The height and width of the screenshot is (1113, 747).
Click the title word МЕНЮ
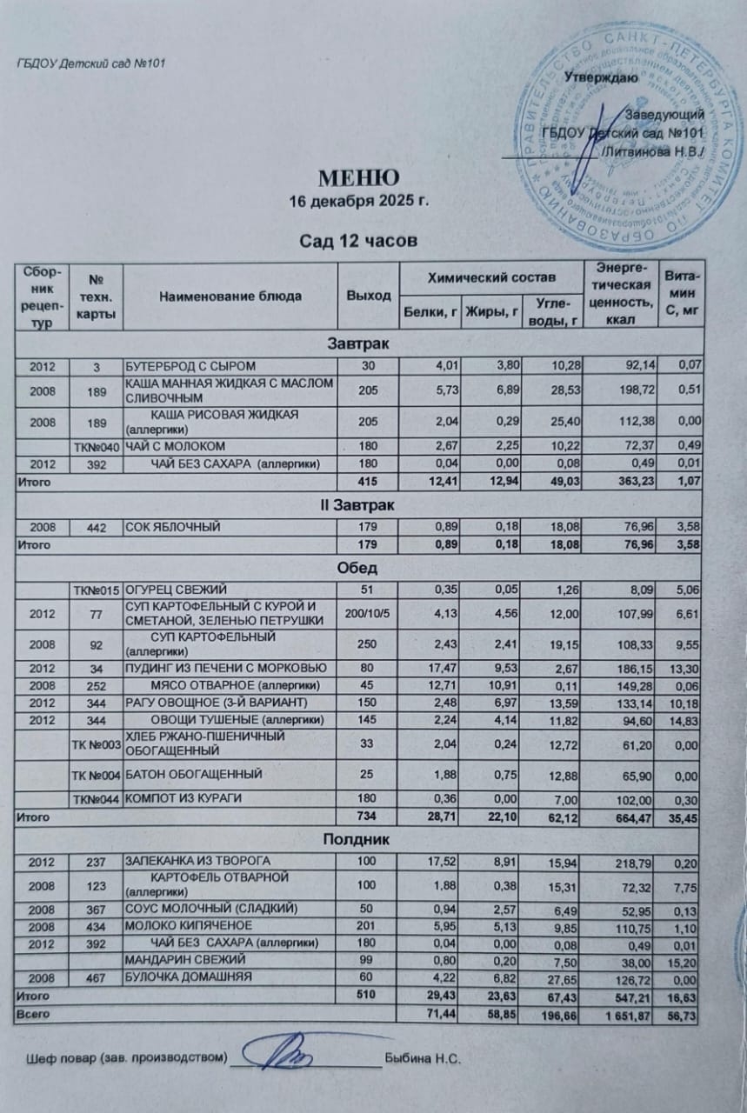358,180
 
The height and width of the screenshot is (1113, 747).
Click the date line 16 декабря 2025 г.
359,203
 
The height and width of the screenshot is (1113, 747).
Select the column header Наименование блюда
230,296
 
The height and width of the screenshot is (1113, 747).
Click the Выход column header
368,296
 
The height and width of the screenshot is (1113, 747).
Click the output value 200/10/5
368,615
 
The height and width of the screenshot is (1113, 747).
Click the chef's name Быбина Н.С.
421,1059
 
